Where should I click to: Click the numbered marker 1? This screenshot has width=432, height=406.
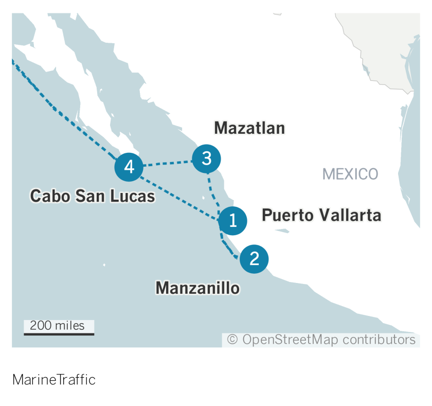[x=232, y=221]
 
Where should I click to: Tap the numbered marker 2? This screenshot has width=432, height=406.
[x=254, y=258]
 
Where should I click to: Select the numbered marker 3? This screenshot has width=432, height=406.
[x=206, y=159]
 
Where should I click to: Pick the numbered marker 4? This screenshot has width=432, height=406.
[x=129, y=167]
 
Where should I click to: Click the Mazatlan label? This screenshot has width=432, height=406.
[x=249, y=128]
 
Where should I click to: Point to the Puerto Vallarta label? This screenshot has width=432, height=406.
[x=321, y=215]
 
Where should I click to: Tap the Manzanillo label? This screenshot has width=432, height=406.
[x=197, y=288]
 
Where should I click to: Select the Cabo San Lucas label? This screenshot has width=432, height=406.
[x=93, y=196]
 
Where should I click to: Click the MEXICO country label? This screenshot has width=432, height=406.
[x=350, y=174]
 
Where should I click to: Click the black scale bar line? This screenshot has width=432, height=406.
[x=59, y=334]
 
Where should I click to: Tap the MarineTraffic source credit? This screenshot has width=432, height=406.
[x=54, y=380]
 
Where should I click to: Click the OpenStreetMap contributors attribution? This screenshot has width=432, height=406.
[x=321, y=340]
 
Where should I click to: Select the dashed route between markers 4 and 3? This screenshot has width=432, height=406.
[x=168, y=164]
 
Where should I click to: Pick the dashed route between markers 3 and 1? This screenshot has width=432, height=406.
[x=212, y=193]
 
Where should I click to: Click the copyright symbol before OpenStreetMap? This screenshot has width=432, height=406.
[x=232, y=340]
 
